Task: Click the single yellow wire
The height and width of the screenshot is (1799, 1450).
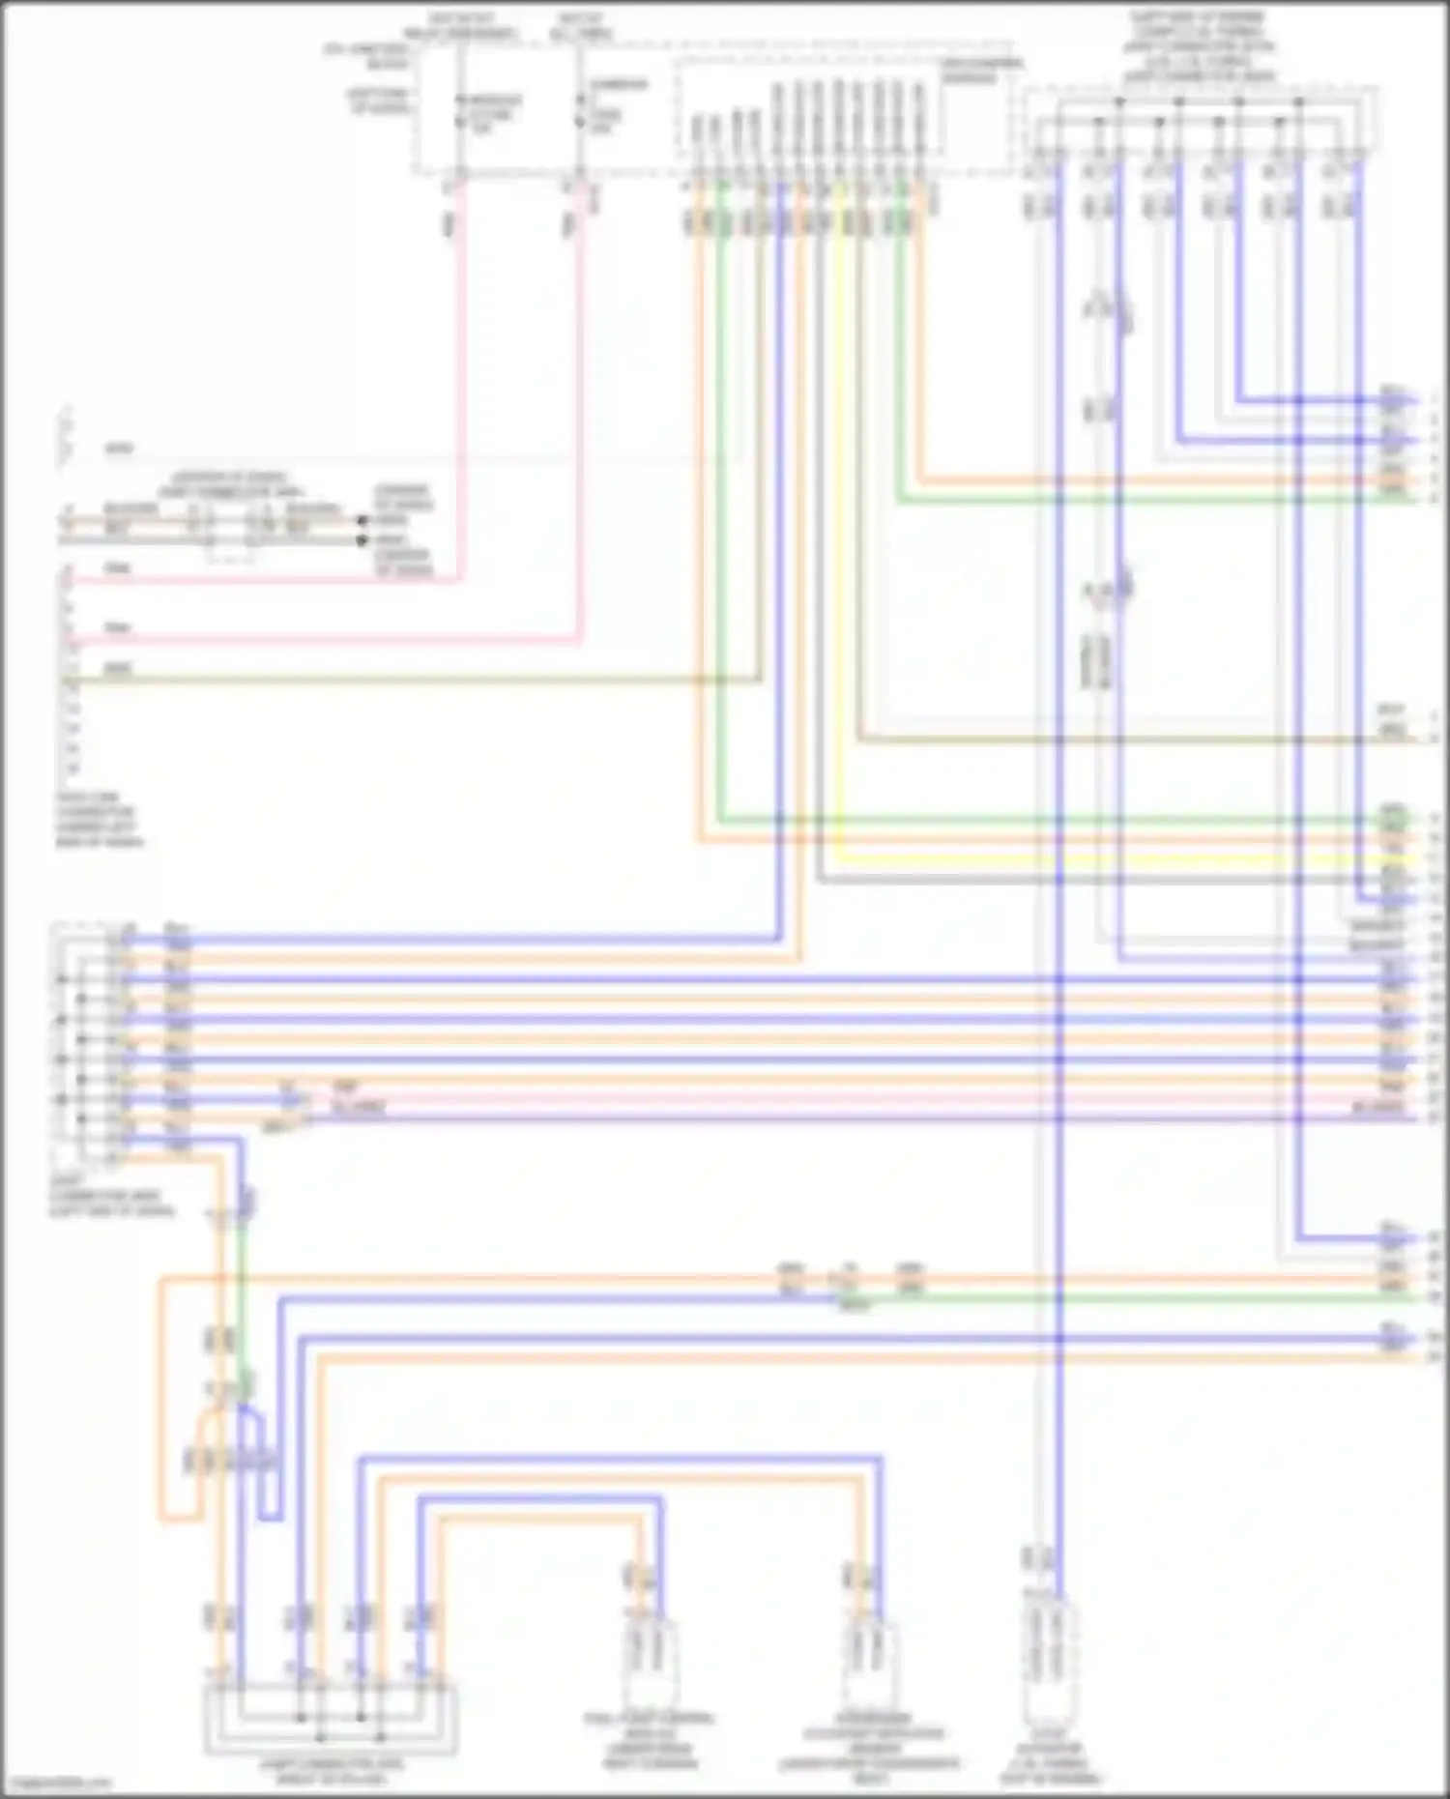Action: point(838,541)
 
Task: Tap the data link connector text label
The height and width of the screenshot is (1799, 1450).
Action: point(100,820)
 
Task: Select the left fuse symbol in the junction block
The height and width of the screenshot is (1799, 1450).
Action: point(459,112)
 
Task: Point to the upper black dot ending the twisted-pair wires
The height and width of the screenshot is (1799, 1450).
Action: point(362,520)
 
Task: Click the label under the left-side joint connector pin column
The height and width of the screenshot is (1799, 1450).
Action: point(111,1195)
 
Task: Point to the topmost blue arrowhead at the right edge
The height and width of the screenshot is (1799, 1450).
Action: point(1413,399)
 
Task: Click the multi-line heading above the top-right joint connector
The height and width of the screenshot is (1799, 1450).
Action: point(1200,46)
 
